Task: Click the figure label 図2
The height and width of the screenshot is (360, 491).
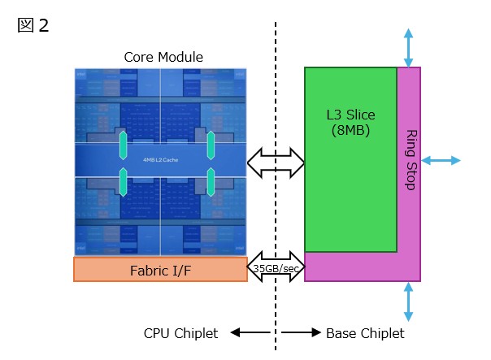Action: pyautogui.click(x=33, y=25)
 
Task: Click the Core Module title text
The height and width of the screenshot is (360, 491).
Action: pyautogui.click(x=163, y=57)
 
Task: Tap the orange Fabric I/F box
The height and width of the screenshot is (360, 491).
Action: pyautogui.click(x=160, y=269)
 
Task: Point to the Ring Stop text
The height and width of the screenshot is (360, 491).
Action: pyautogui.click(x=411, y=159)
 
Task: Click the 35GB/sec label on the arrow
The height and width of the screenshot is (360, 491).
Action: pyautogui.click(x=276, y=268)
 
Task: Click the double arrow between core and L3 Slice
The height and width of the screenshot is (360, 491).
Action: pyautogui.click(x=276, y=163)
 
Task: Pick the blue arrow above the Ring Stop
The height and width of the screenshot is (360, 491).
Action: pyautogui.click(x=408, y=48)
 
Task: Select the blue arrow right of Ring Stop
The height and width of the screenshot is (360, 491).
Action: pyautogui.click(x=441, y=160)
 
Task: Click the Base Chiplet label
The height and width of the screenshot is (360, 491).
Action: pyautogui.click(x=364, y=333)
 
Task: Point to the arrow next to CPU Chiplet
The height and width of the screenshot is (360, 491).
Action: pyautogui.click(x=250, y=333)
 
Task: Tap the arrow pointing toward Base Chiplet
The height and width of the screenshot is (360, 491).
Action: pyautogui.click(x=301, y=333)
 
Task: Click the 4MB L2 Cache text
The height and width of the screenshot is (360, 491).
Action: pyautogui.click(x=160, y=160)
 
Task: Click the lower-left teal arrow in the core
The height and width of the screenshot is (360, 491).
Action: pyautogui.click(x=124, y=181)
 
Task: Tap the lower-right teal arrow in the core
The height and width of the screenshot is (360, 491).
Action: pyautogui.click(x=211, y=181)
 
